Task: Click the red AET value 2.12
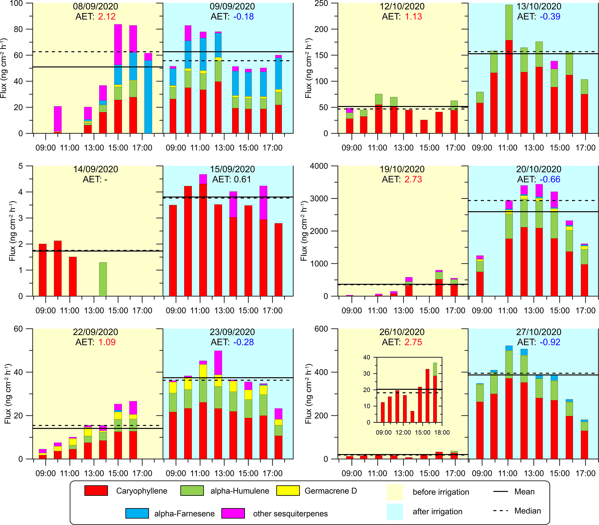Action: [x=107, y=17]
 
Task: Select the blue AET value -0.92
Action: [x=550, y=342]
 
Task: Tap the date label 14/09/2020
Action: [x=96, y=169]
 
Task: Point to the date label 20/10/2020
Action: [x=539, y=169]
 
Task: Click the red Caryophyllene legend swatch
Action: [x=96, y=491]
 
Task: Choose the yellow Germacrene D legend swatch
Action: [x=288, y=491]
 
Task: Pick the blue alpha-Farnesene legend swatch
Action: [x=137, y=513]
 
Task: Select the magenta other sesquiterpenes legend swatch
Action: [x=233, y=513]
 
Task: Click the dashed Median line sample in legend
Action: [x=500, y=511]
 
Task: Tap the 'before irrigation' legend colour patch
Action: [x=395, y=492]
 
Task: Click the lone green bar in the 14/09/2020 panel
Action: [x=103, y=279]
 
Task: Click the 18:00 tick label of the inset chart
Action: [x=442, y=432]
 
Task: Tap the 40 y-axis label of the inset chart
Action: [x=367, y=357]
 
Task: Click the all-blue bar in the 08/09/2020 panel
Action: [x=148, y=97]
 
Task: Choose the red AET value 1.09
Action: [x=107, y=342]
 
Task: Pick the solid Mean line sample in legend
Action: [x=500, y=491]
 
